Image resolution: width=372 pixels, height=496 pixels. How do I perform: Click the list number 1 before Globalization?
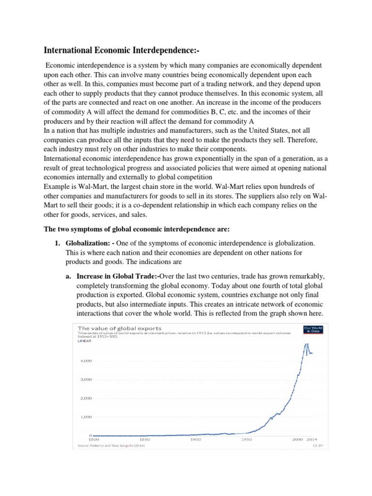pos(57,242)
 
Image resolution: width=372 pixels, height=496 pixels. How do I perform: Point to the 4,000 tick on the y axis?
pos(85,361)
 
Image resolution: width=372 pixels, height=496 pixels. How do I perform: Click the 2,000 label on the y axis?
pos(85,398)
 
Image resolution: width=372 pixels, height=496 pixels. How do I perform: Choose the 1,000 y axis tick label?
pos(85,417)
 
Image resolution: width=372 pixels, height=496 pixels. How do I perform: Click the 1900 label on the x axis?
pos(195,440)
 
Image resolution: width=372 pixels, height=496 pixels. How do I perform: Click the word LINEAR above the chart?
pos(84,341)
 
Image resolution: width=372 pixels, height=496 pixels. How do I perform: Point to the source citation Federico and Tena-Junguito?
pos(112,445)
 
